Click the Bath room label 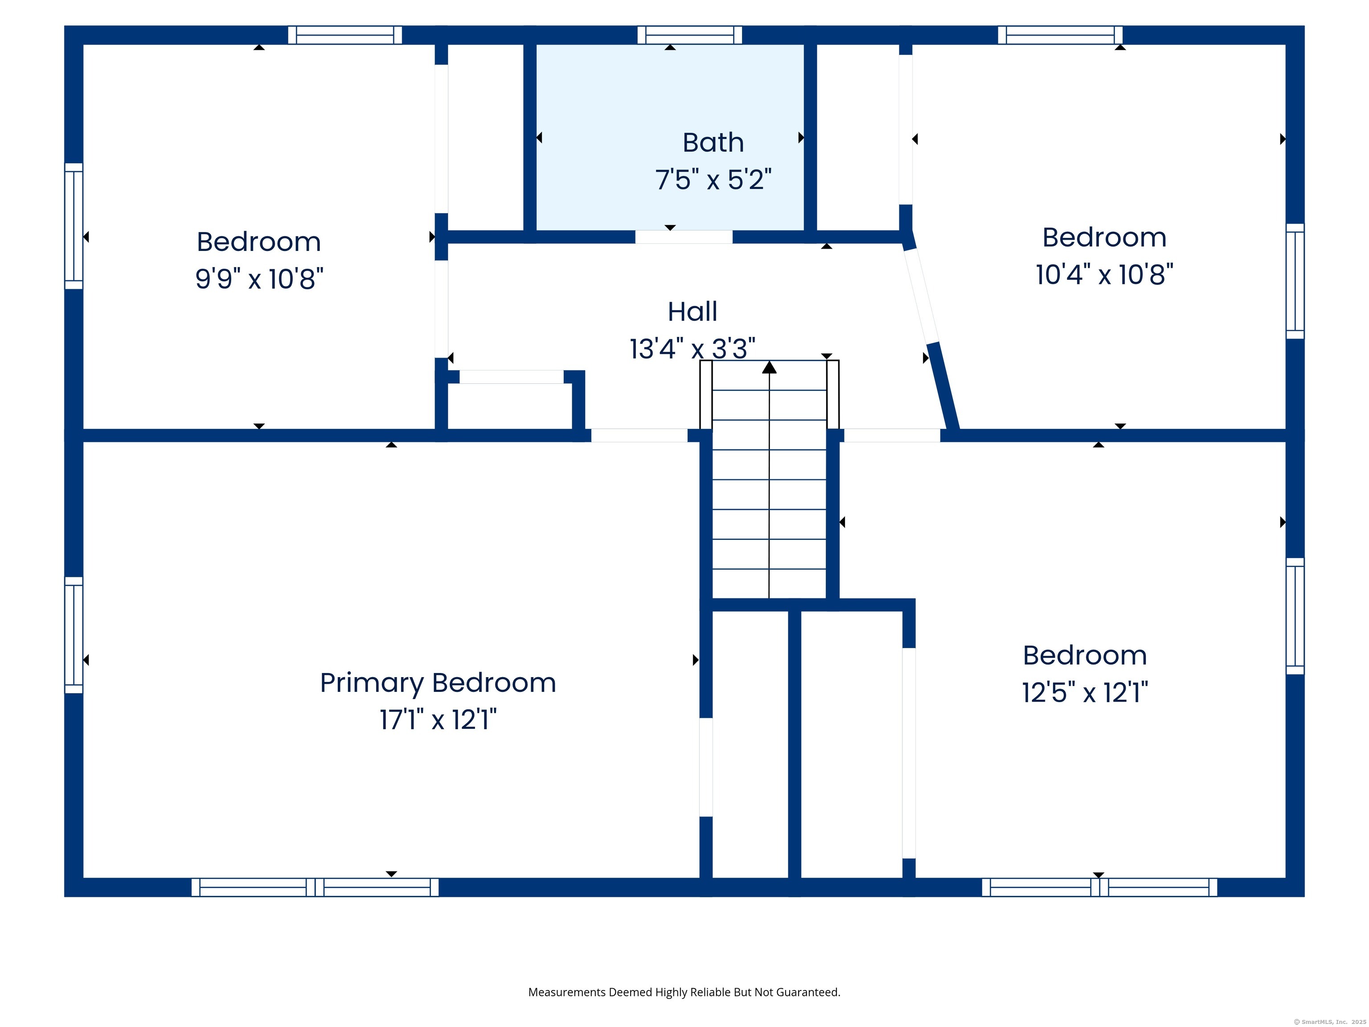click(713, 143)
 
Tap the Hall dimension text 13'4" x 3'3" click(693, 349)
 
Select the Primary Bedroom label click(438, 683)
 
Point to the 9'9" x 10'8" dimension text click(259, 279)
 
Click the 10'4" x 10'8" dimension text click(1105, 274)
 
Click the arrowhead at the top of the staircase click(769, 368)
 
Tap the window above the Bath click(689, 35)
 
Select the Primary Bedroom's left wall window click(74, 635)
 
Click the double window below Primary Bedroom click(315, 887)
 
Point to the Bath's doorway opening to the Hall click(684, 237)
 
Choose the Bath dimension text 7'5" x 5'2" click(713, 180)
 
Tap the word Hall click(693, 312)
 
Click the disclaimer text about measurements click(684, 992)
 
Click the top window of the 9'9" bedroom click(345, 35)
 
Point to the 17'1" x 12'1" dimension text click(438, 720)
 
